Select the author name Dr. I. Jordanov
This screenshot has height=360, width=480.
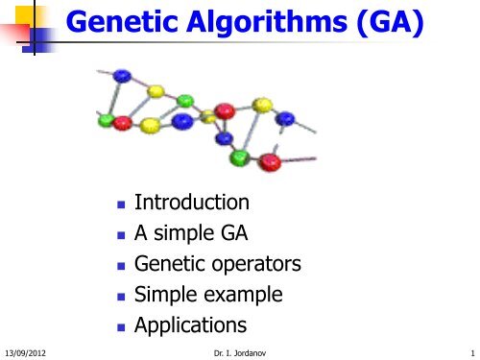(239, 351)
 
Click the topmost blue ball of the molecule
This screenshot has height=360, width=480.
(121, 75)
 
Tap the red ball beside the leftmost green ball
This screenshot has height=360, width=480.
(122, 124)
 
